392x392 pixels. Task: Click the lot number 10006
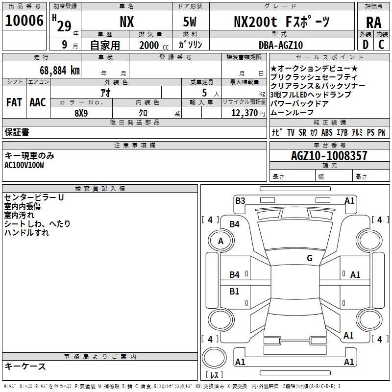click(x=24, y=21)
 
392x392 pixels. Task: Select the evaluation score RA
click(x=373, y=22)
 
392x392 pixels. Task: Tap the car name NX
click(x=126, y=22)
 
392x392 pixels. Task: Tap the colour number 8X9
click(x=81, y=113)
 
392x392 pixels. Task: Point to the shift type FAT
click(x=14, y=102)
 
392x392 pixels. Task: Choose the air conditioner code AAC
click(x=37, y=102)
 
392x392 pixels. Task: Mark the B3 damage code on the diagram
click(x=240, y=200)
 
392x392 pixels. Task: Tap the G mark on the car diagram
click(x=309, y=258)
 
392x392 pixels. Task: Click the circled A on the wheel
click(x=220, y=241)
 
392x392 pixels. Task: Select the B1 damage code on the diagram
click(x=235, y=292)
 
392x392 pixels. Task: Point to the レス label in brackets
click(x=214, y=375)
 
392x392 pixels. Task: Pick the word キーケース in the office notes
click(x=25, y=366)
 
